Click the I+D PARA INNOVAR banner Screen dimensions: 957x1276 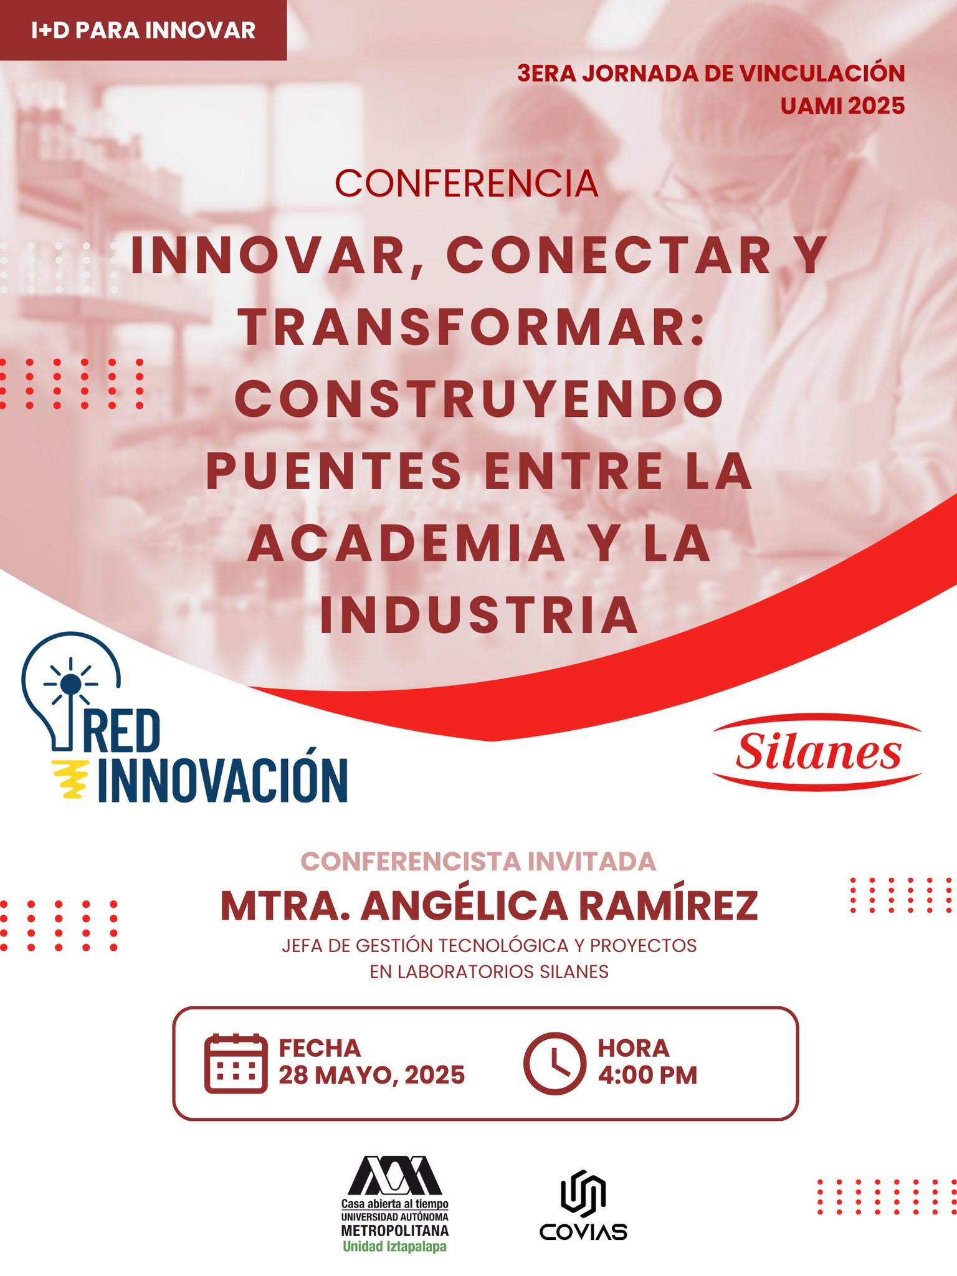(x=143, y=30)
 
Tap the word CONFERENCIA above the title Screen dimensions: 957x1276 (x=467, y=184)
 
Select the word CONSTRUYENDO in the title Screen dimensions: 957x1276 (x=479, y=399)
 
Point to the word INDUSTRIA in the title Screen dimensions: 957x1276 (x=479, y=615)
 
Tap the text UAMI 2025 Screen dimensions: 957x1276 (x=842, y=106)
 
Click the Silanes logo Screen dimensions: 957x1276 (x=817, y=752)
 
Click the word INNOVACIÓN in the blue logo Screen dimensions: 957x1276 (x=222, y=779)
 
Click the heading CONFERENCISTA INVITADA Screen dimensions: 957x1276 (x=478, y=862)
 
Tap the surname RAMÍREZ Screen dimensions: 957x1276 (x=669, y=906)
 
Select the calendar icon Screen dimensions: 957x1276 (x=236, y=1063)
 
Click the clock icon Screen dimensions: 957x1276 (x=555, y=1063)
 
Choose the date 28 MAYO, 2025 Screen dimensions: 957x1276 (x=371, y=1075)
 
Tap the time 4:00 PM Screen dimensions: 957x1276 (x=647, y=1075)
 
